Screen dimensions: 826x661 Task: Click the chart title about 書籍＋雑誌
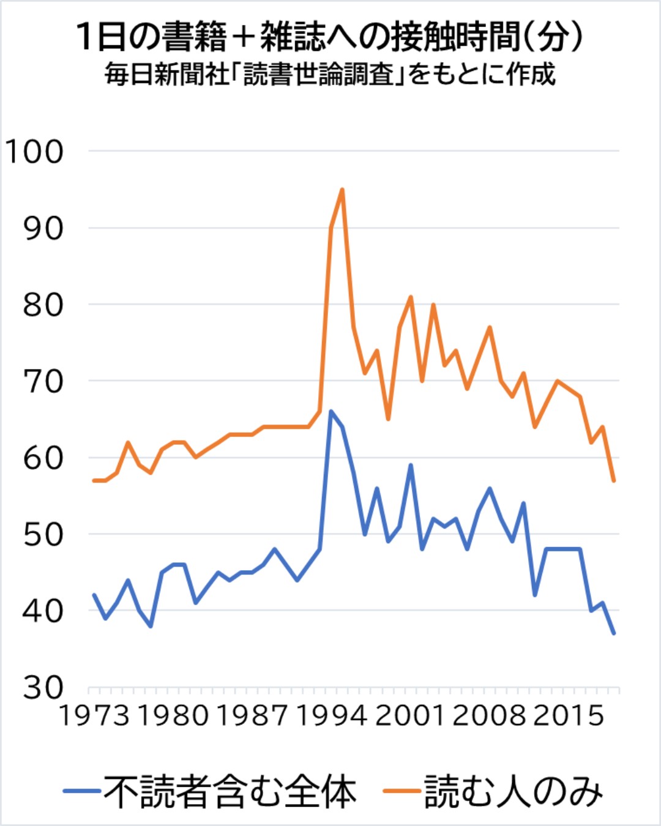click(330, 37)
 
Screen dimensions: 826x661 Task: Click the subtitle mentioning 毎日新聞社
click(330, 75)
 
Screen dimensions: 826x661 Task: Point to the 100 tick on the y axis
click(34, 151)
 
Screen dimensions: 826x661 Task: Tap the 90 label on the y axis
click(43, 228)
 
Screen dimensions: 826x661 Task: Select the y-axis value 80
click(43, 305)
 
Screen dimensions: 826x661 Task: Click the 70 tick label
click(43, 381)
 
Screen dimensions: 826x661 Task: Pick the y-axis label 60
click(43, 458)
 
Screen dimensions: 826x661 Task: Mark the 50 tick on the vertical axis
click(43, 534)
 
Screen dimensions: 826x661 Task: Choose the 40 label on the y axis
click(43, 611)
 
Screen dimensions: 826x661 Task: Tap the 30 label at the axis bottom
click(43, 687)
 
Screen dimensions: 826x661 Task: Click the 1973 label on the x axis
click(94, 715)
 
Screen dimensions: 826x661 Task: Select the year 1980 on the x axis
click(173, 715)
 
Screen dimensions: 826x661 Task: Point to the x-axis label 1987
click(252, 715)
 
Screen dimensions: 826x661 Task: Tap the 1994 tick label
click(331, 715)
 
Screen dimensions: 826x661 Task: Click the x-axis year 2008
click(489, 715)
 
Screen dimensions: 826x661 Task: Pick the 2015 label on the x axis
click(568, 715)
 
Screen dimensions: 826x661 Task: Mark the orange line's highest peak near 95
click(342, 190)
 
